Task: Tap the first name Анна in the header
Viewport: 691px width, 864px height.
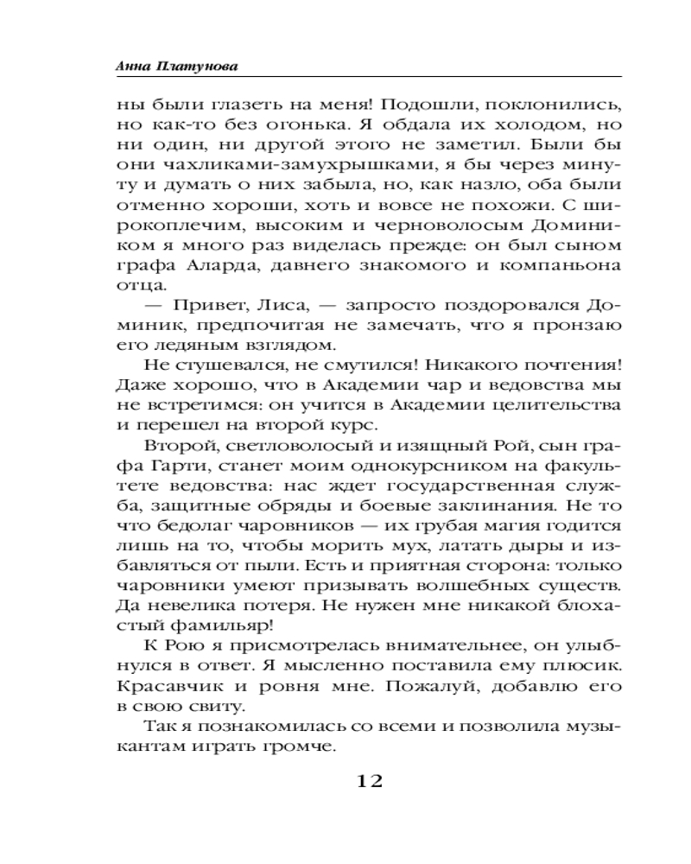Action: pos(131,66)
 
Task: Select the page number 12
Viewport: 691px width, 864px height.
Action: pos(363,781)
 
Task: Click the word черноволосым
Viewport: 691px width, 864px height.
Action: pos(425,226)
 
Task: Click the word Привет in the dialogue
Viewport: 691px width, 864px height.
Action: pos(203,306)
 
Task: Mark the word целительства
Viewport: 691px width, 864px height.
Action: pos(561,405)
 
